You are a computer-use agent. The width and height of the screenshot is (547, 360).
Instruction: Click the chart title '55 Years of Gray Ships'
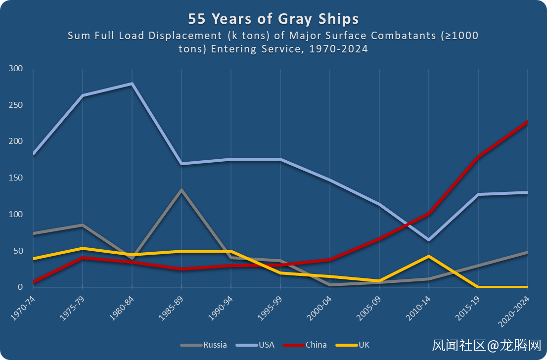coord(273,19)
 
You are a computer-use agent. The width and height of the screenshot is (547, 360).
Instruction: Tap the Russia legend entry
coord(215,345)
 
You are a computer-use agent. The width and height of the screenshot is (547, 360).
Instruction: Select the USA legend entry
coord(266,345)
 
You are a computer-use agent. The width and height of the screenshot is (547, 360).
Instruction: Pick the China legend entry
coord(316,345)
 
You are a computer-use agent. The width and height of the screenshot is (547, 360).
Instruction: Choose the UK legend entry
coord(364,345)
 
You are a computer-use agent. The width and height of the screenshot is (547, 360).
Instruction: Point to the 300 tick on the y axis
coord(17,69)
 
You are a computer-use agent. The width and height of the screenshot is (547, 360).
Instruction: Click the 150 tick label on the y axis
coord(17,178)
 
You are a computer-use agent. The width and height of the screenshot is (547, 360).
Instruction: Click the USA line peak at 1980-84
coord(132,84)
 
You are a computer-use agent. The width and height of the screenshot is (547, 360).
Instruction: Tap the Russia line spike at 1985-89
coord(182,190)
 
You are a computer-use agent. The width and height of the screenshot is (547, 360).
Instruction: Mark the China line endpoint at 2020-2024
coord(527,122)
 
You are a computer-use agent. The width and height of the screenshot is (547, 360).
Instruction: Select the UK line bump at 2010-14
coord(428,256)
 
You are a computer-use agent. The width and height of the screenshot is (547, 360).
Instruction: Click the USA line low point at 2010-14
coord(428,240)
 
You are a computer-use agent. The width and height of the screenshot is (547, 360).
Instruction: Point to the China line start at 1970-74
coord(34,282)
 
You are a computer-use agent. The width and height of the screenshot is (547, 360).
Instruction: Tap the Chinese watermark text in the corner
coord(487,344)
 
